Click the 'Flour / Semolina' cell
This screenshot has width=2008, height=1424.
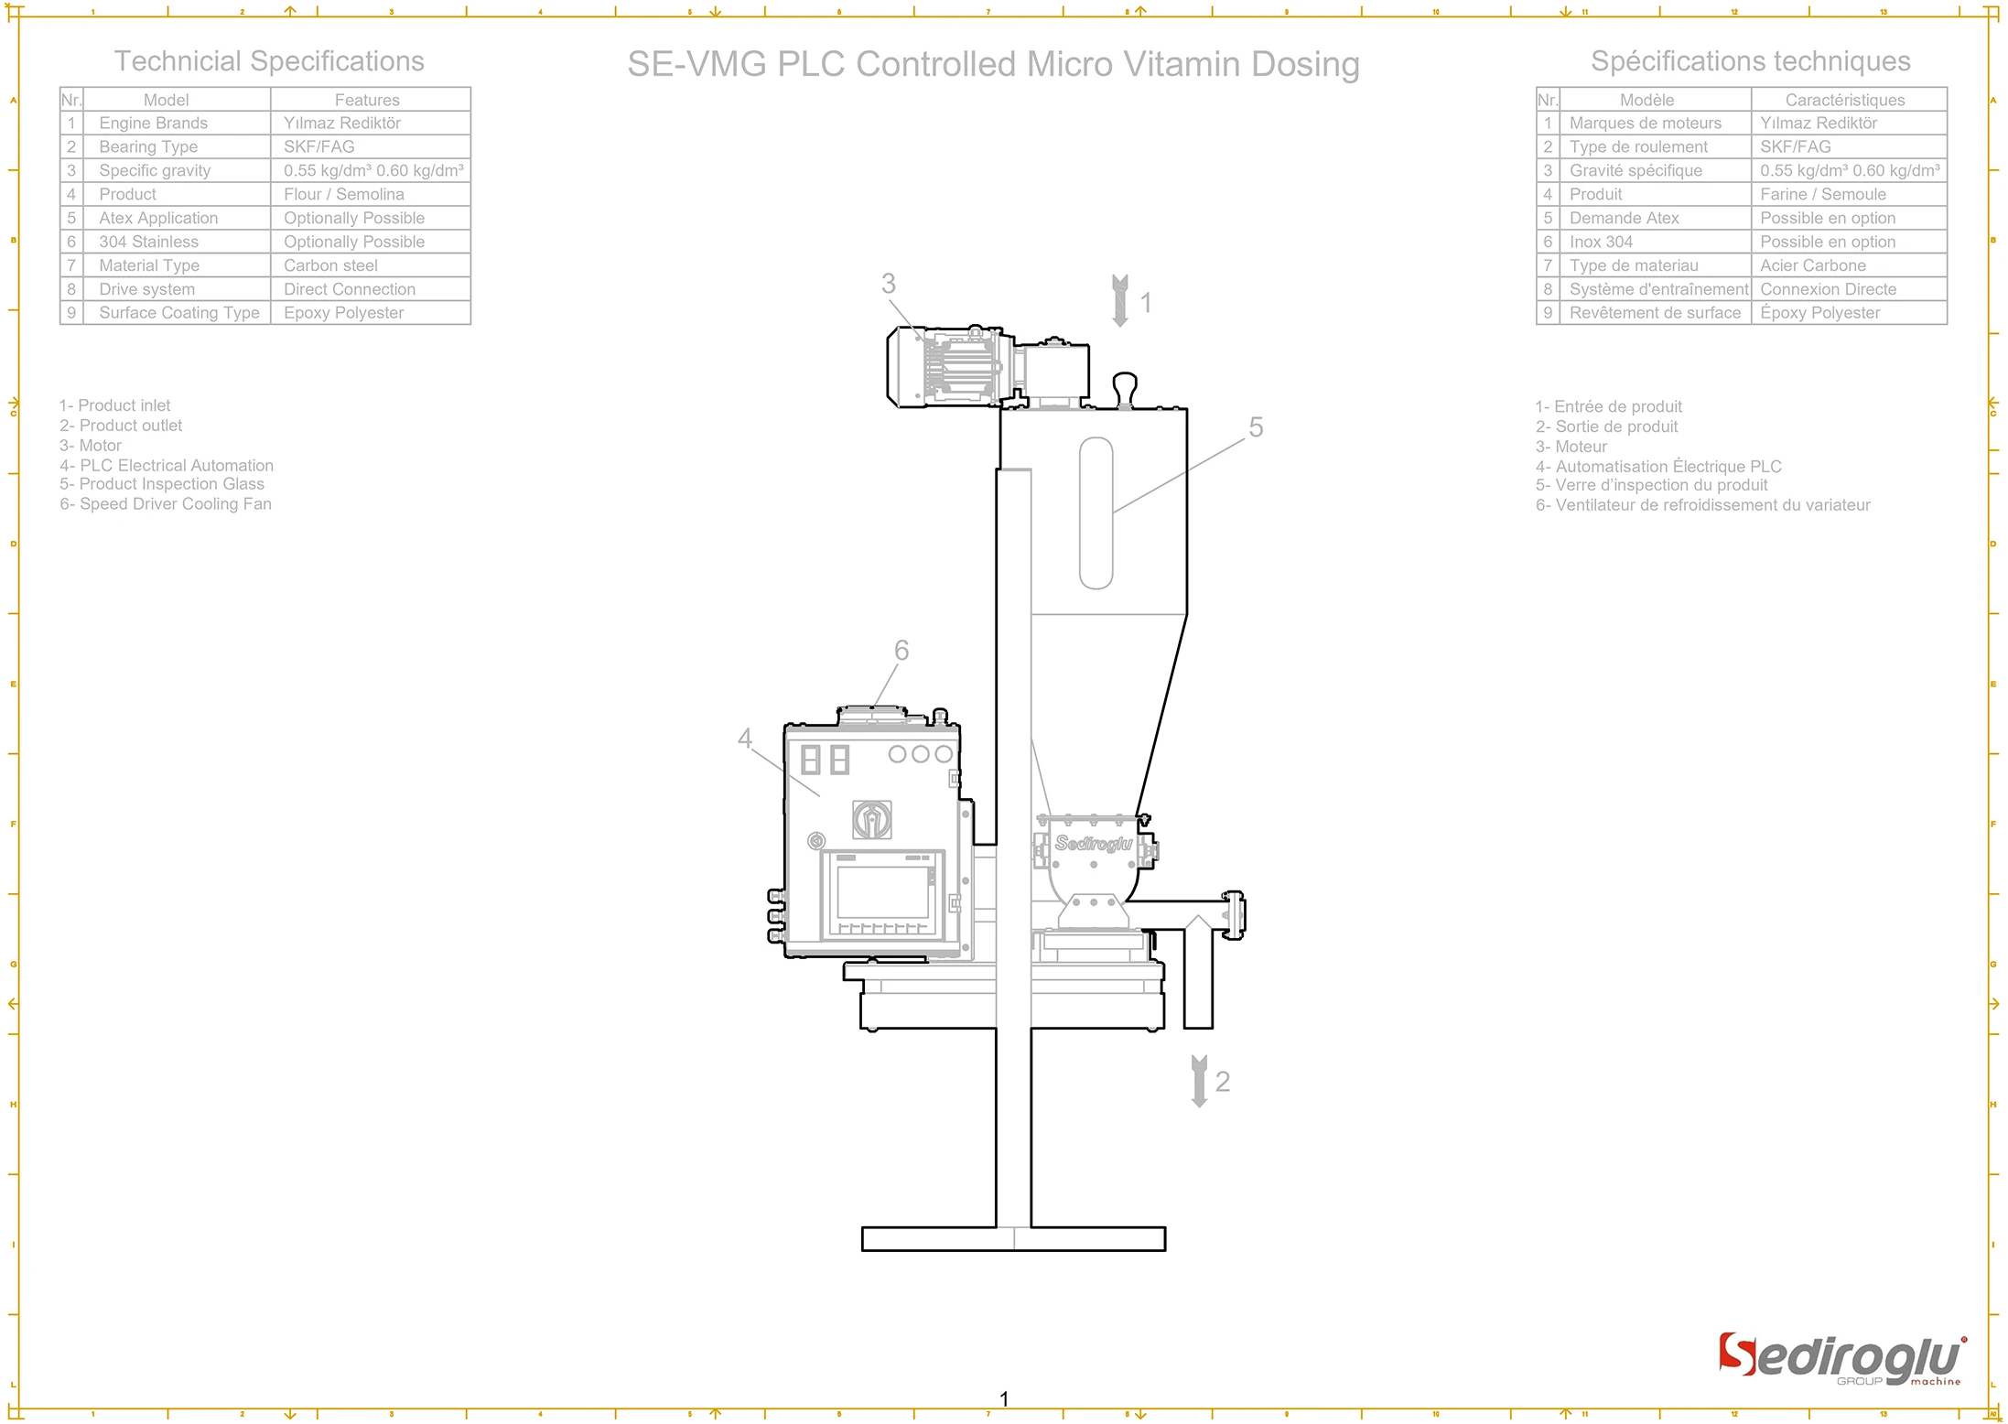(x=344, y=194)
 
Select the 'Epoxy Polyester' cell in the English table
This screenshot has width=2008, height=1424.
(x=344, y=313)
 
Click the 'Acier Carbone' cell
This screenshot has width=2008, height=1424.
(x=1812, y=265)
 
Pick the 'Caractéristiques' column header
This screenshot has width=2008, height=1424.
(x=1844, y=100)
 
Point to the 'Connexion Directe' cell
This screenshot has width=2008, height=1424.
(x=1828, y=289)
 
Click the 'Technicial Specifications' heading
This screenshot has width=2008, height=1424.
(x=269, y=61)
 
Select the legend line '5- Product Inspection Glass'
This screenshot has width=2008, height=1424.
(x=162, y=484)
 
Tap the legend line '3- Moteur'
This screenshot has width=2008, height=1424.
(x=1571, y=447)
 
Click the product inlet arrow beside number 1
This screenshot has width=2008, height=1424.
(x=1119, y=300)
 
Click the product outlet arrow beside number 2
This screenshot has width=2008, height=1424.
(x=1199, y=1081)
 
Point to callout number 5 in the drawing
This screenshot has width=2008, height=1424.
(x=1256, y=427)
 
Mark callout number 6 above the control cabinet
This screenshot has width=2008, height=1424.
(x=901, y=651)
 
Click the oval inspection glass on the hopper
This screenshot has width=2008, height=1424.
(x=1096, y=512)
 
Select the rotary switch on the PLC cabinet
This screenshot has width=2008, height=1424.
(x=872, y=819)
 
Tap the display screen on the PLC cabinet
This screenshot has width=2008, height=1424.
(x=882, y=891)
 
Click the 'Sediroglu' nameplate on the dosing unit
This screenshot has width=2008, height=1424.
(x=1093, y=843)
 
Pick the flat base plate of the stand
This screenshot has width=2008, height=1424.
(x=1013, y=1239)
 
